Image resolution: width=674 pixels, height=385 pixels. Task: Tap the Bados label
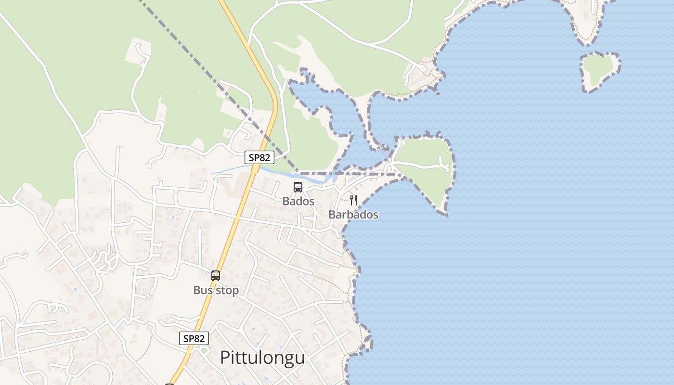click(298, 201)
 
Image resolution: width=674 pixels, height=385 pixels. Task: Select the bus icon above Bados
click(298, 187)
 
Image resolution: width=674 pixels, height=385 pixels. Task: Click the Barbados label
click(353, 215)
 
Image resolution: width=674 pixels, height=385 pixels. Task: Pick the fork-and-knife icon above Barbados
click(353, 200)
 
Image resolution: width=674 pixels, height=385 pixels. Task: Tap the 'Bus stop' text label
click(216, 290)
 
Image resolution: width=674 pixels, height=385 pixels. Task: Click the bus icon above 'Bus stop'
click(216, 276)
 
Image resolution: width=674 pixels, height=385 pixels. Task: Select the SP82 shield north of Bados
click(259, 157)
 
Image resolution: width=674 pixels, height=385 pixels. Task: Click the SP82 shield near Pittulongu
click(194, 338)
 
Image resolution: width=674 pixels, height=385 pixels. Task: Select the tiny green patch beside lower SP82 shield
click(204, 350)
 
